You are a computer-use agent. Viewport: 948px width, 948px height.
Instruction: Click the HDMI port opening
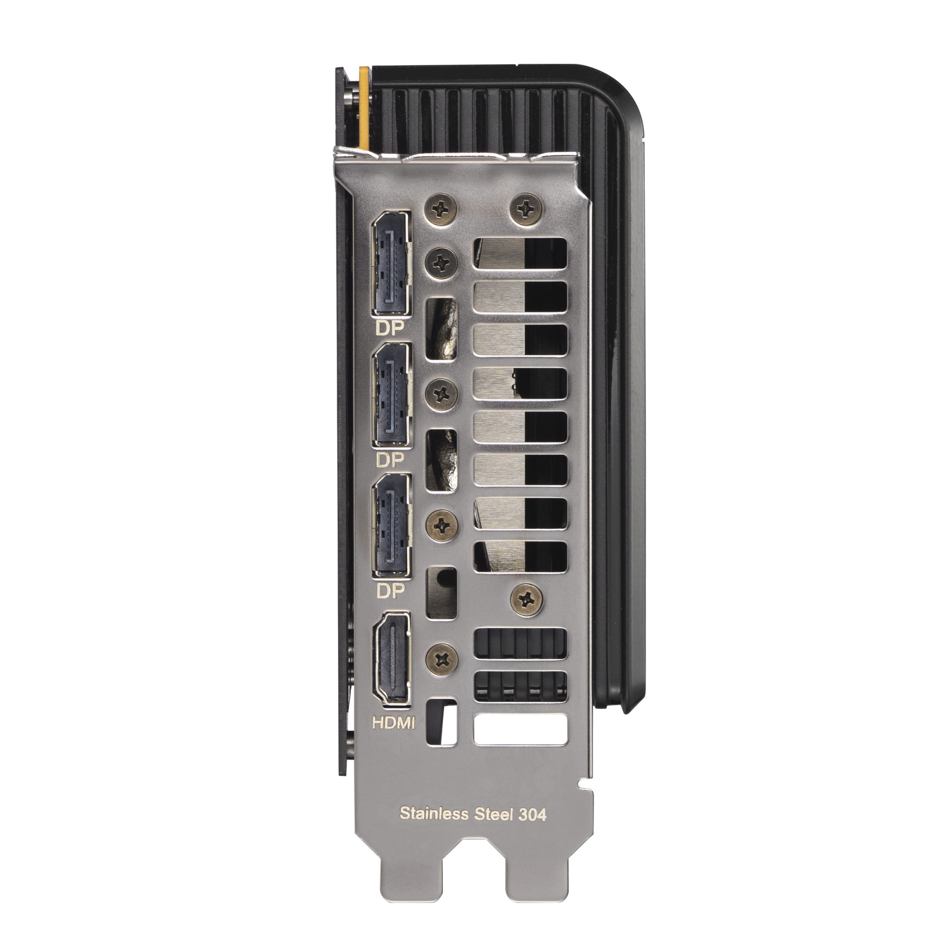pos(391,659)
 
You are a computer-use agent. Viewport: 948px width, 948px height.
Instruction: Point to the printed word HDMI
pos(393,723)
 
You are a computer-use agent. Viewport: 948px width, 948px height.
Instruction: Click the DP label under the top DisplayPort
pos(389,328)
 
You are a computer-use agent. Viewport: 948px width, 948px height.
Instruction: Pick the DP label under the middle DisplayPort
pos(390,460)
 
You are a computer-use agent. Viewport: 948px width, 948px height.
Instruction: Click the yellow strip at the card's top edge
pos(364,108)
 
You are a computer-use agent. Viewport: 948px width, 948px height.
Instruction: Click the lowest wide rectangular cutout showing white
pos(520,729)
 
